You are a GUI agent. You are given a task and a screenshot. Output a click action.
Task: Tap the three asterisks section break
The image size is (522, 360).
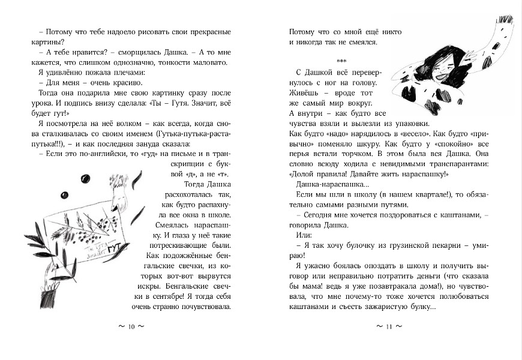click(343, 61)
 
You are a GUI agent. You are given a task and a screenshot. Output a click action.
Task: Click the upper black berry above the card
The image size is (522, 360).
click(86, 178)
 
